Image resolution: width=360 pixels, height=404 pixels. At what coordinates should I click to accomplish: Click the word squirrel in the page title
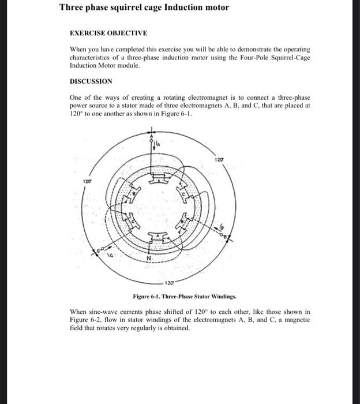point(118,8)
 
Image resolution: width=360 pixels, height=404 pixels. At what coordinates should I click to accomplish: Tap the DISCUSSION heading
point(91,81)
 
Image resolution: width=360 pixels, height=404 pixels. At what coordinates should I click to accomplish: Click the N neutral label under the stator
point(149,259)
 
